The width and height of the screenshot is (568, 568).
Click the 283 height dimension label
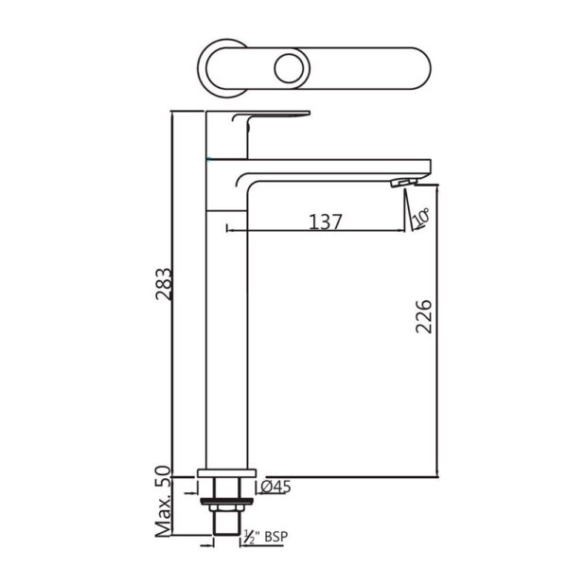coord(163,284)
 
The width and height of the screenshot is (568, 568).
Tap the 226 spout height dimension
coord(424,316)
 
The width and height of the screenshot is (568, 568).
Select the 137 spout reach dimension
coord(326,222)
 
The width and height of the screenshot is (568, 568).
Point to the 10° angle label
coord(421,217)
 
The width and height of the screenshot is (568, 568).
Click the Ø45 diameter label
coord(275,488)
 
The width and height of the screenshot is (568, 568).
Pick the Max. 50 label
coord(163,502)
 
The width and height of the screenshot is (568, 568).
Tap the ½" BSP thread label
coord(266,537)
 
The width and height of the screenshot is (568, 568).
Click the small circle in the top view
coord(289,68)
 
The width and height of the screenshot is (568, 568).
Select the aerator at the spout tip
coord(403,182)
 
